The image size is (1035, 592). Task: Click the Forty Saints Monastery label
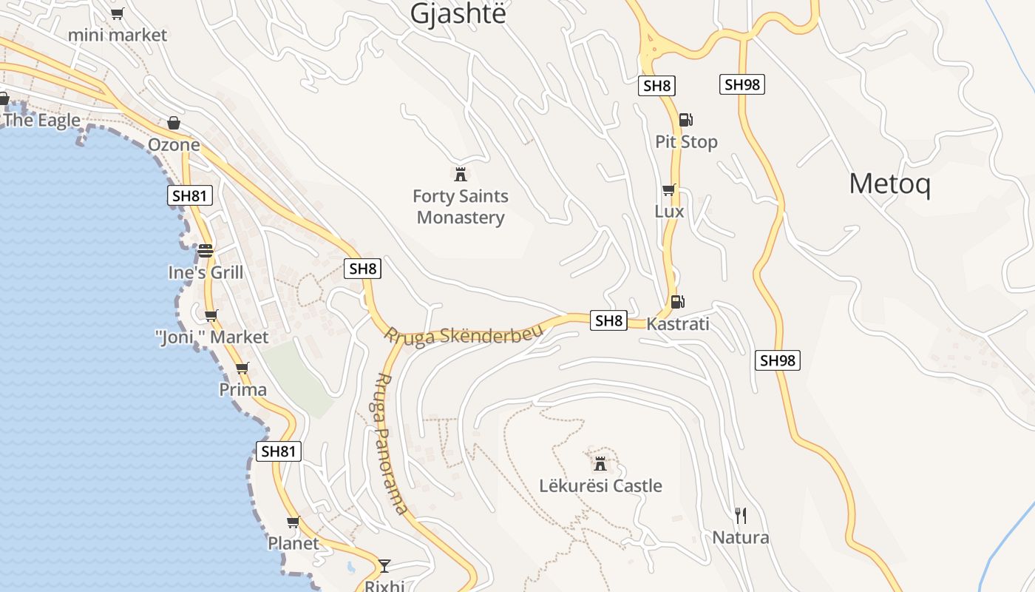461,206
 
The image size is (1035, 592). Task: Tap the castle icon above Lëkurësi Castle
600,464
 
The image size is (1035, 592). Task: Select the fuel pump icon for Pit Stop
685,119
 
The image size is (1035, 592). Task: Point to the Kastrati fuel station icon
677,301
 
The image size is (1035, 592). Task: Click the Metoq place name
889,184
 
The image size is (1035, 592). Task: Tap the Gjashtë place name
458,13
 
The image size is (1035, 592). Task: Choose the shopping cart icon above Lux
669,189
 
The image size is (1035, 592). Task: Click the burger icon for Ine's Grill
206,250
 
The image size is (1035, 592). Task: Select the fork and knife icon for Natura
740,515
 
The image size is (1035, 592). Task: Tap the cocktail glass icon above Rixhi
384,566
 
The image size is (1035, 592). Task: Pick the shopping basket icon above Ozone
174,123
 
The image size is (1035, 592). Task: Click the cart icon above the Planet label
293,522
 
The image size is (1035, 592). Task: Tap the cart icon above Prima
242,368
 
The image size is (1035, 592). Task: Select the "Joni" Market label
212,337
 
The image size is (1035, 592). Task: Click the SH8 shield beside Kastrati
608,320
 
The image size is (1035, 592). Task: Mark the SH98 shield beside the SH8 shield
742,84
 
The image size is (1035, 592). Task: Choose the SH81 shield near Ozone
190,195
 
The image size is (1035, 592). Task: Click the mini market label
118,35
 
